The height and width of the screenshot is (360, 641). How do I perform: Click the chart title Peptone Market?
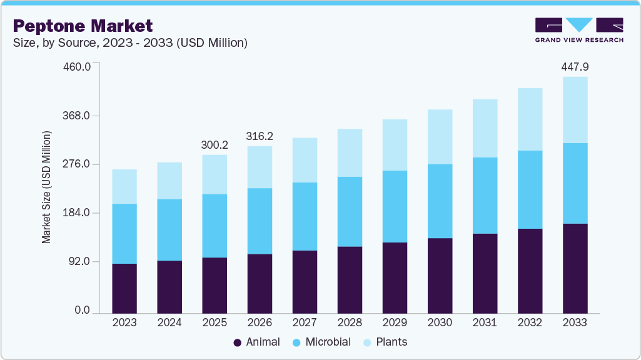(83, 26)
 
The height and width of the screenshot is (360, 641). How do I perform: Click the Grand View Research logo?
(578, 29)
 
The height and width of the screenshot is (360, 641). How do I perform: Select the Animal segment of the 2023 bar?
(124, 287)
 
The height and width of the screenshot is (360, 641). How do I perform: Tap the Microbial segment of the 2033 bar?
(575, 183)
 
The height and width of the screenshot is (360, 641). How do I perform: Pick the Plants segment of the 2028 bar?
(350, 152)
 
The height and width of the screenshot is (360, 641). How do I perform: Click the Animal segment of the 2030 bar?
(440, 275)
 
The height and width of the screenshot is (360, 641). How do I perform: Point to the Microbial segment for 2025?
(215, 226)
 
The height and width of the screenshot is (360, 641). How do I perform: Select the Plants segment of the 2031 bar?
(485, 128)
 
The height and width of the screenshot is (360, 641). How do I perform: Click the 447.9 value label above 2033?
(575, 67)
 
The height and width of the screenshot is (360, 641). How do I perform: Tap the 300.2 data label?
(215, 145)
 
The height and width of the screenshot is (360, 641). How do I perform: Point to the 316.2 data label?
(260, 136)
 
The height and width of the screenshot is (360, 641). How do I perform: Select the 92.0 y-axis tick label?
(80, 261)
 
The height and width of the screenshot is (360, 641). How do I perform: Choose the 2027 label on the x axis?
(305, 322)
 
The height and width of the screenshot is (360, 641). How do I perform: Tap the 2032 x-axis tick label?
(530, 322)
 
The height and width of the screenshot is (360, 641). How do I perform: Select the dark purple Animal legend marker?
(238, 342)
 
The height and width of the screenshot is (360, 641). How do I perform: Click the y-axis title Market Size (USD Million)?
(46, 187)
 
